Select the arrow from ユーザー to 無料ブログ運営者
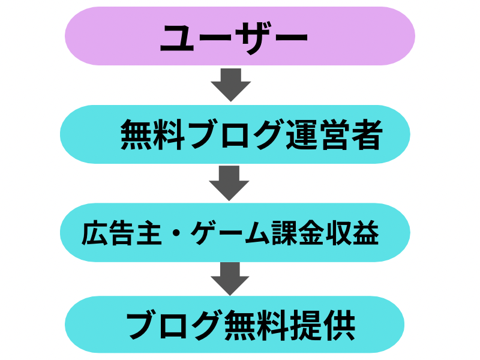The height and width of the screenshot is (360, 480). [x=230, y=85]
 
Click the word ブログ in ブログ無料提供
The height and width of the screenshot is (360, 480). [x=164, y=326]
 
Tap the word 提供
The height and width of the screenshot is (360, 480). [x=317, y=326]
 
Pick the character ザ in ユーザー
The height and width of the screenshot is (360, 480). [x=252, y=37]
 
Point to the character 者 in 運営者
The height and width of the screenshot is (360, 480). [x=367, y=134]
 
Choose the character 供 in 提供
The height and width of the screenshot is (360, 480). [x=338, y=326]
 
